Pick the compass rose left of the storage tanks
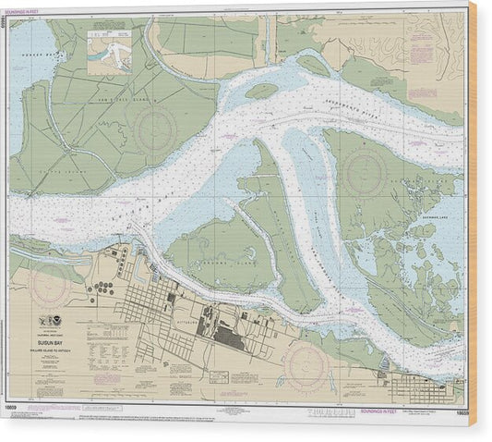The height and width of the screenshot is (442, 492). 48,287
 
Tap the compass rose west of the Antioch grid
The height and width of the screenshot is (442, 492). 308,362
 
